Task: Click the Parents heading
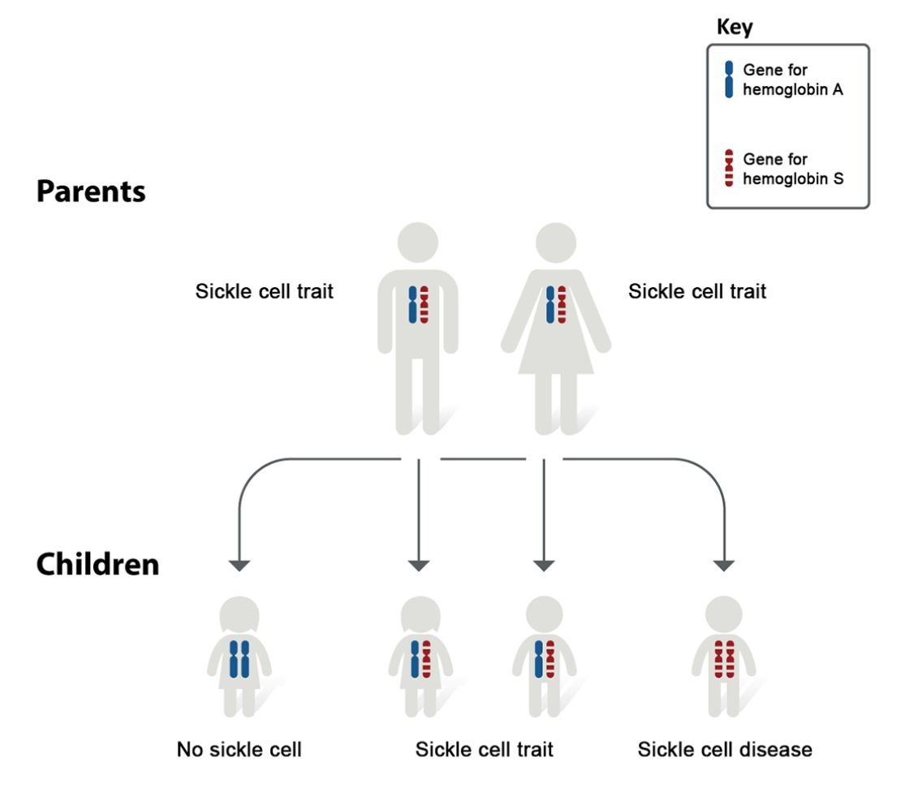pyautogui.click(x=91, y=191)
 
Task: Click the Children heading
pyautogui.click(x=97, y=564)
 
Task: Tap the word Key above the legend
pyautogui.click(x=734, y=28)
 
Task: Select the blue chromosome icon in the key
pyautogui.click(x=728, y=80)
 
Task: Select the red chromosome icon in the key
pyautogui.click(x=728, y=169)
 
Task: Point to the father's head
pyautogui.click(x=418, y=241)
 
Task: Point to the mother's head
pyautogui.click(x=555, y=241)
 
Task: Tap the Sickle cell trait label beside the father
pyautogui.click(x=264, y=291)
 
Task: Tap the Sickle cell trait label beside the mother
pyautogui.click(x=696, y=291)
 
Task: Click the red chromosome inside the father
pyautogui.click(x=425, y=306)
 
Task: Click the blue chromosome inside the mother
pyautogui.click(x=550, y=306)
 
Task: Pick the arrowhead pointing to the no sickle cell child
pyautogui.click(x=240, y=565)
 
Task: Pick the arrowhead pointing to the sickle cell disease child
pyautogui.click(x=723, y=565)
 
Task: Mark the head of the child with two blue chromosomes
pyautogui.click(x=239, y=615)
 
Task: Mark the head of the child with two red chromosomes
pyautogui.click(x=723, y=615)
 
